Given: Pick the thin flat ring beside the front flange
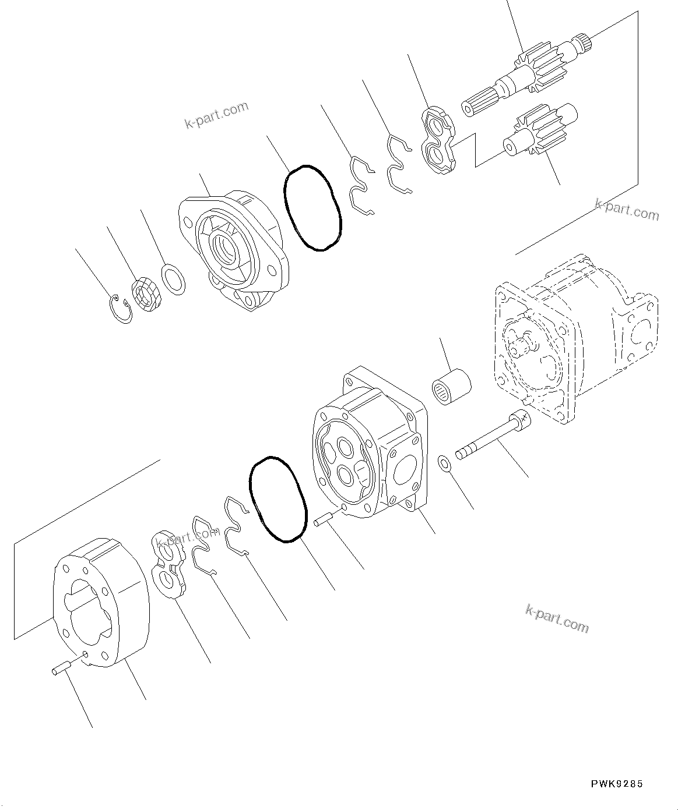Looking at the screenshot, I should click(174, 278).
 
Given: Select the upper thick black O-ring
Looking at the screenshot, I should click(312, 208).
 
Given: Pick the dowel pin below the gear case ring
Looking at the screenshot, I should click(61, 668).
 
